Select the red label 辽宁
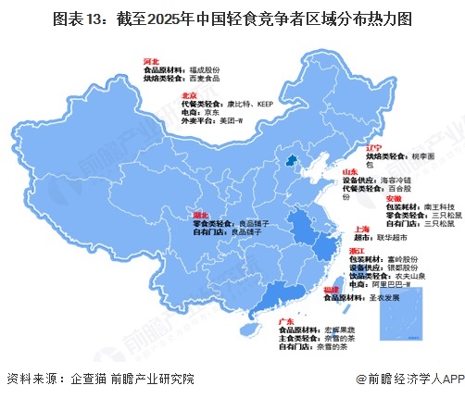coord(372,146)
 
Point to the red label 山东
coord(352,172)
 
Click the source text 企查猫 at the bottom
coord(91,379)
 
